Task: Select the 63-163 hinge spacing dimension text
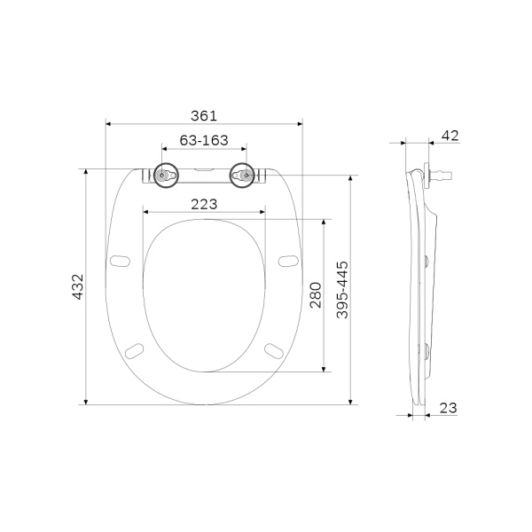coord(204,140)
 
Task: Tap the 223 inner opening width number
coord(204,204)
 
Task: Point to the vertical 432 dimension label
coord(77,286)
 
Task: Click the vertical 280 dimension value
coord(315,294)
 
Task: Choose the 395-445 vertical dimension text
coord(342,289)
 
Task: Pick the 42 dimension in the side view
coord(450,135)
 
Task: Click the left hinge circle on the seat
coord(162,176)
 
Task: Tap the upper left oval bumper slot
coord(120,260)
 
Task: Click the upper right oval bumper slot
coord(286,260)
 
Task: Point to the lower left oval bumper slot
coord(135,348)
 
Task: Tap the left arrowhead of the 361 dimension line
coord(108,125)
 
